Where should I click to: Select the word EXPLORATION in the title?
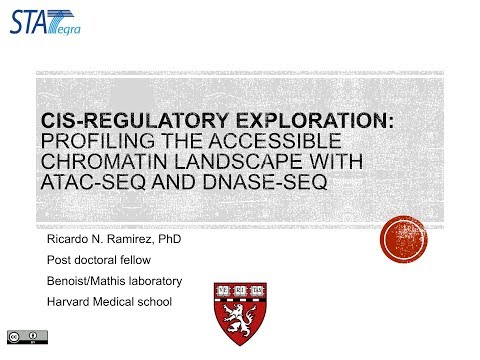tap(297, 120)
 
